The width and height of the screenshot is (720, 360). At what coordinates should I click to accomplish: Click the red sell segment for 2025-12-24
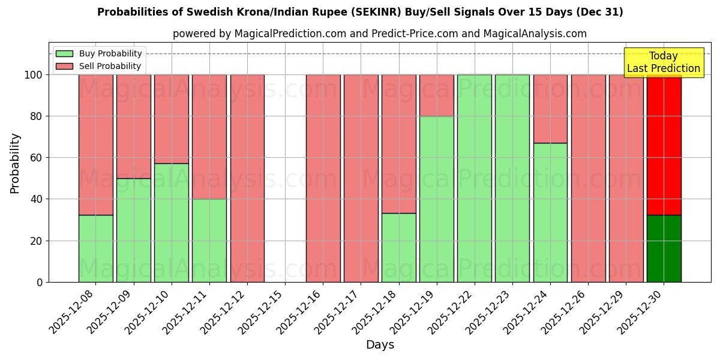click(x=550, y=109)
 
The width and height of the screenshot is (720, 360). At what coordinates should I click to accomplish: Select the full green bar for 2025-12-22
click(x=474, y=178)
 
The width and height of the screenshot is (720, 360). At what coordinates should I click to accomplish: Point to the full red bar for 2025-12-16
click(x=323, y=178)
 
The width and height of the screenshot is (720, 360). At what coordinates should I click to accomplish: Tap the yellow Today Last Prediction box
click(x=663, y=62)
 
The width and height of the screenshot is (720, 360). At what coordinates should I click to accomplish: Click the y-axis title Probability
click(x=15, y=163)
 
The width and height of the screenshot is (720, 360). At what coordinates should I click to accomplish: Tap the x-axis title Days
click(x=380, y=345)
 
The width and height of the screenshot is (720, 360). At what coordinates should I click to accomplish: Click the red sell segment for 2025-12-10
click(x=171, y=119)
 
